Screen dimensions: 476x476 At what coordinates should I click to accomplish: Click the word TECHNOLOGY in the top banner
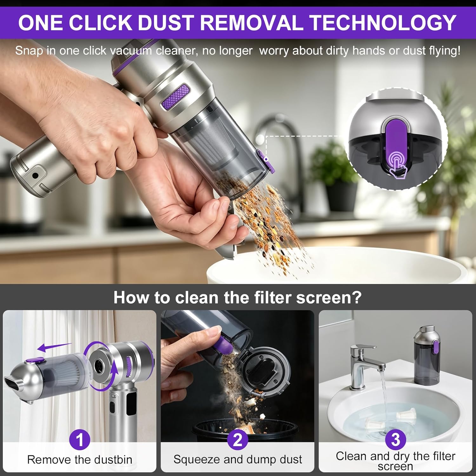(x=383, y=23)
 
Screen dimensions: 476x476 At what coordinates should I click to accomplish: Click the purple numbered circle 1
(x=80, y=440)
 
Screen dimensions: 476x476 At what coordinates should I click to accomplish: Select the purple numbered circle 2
(x=238, y=440)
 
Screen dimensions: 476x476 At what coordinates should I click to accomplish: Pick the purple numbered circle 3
(x=395, y=440)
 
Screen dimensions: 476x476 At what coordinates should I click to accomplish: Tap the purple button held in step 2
(x=224, y=346)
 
